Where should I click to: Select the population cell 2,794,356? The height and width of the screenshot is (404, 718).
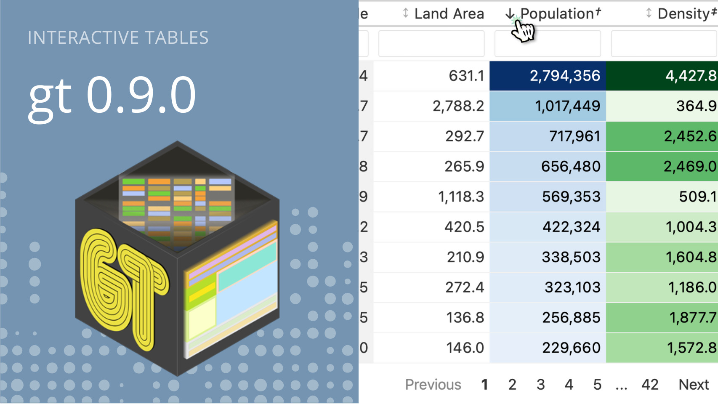pyautogui.click(x=548, y=76)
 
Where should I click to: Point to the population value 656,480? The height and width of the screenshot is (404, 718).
pyautogui.click(x=571, y=166)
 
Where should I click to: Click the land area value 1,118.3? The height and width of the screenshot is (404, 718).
pyautogui.click(x=461, y=197)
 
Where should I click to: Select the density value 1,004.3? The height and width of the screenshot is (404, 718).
pyautogui.click(x=691, y=227)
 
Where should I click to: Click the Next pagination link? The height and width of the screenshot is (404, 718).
pyautogui.click(x=694, y=385)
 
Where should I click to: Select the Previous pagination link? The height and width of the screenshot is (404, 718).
pyautogui.click(x=433, y=385)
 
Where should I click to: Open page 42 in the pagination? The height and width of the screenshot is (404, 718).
pyautogui.click(x=650, y=385)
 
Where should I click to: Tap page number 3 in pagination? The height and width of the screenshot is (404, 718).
pyautogui.click(x=541, y=385)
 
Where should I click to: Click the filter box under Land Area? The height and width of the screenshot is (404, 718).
pyautogui.click(x=431, y=44)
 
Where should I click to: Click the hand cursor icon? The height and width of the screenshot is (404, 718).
pyautogui.click(x=522, y=29)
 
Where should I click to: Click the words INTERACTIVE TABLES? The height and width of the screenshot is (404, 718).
pyautogui.click(x=118, y=37)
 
